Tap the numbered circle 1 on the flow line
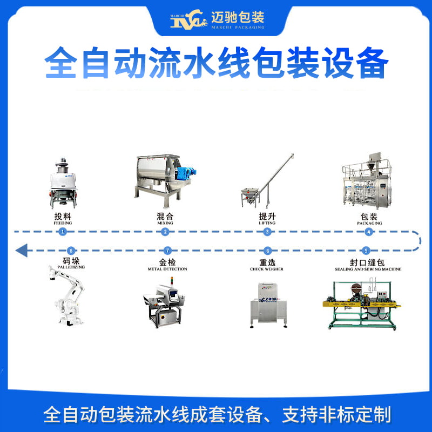tap(63, 232)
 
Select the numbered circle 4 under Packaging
tap(369, 232)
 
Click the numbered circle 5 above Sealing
tap(366, 251)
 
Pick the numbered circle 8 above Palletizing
tap(70, 251)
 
